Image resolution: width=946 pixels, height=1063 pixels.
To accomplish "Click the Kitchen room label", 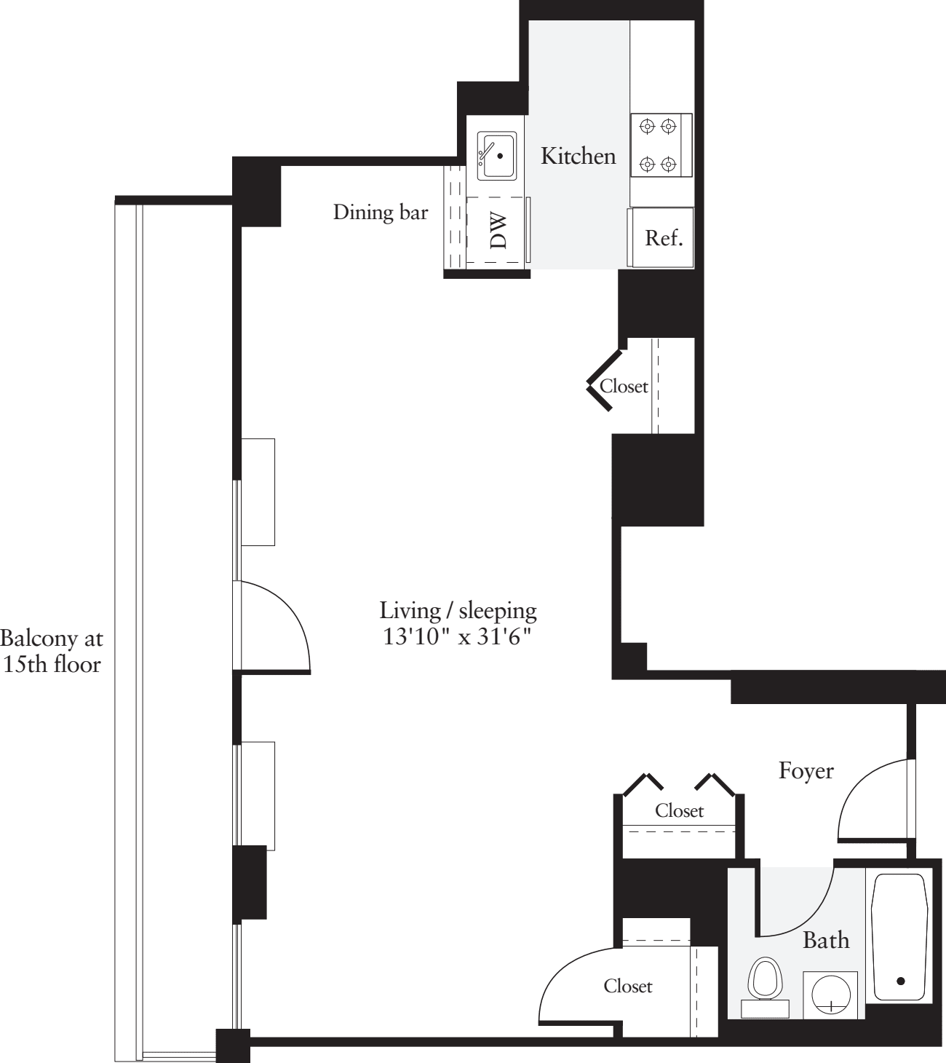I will pos(578,156).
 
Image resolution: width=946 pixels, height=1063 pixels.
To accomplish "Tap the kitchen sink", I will pos(497,156).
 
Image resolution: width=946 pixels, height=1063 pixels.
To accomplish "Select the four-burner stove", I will pos(660,146).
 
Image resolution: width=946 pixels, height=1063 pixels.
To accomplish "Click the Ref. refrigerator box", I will pos(663,238).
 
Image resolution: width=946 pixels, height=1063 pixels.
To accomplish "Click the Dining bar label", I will pos(381,212).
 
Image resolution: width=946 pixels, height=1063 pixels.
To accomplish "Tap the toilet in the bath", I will pos(766,986).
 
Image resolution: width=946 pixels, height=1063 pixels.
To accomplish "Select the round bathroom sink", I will pos(830,994).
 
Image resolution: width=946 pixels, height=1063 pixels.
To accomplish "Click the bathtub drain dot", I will pos(901,981).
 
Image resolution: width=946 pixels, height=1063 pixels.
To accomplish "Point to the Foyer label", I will pos(806,770).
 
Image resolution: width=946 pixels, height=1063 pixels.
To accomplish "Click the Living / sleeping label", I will pos(458,610).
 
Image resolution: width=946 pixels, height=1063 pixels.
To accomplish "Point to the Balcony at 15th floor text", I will pos(52,651).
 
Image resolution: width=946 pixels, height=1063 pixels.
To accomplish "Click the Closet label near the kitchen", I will pos(624,386).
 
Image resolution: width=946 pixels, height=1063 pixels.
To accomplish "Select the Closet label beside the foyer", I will pos(679,810).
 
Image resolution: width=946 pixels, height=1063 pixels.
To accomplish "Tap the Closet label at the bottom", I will pos(627,986).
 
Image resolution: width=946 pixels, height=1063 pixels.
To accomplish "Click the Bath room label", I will pos(825,940).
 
